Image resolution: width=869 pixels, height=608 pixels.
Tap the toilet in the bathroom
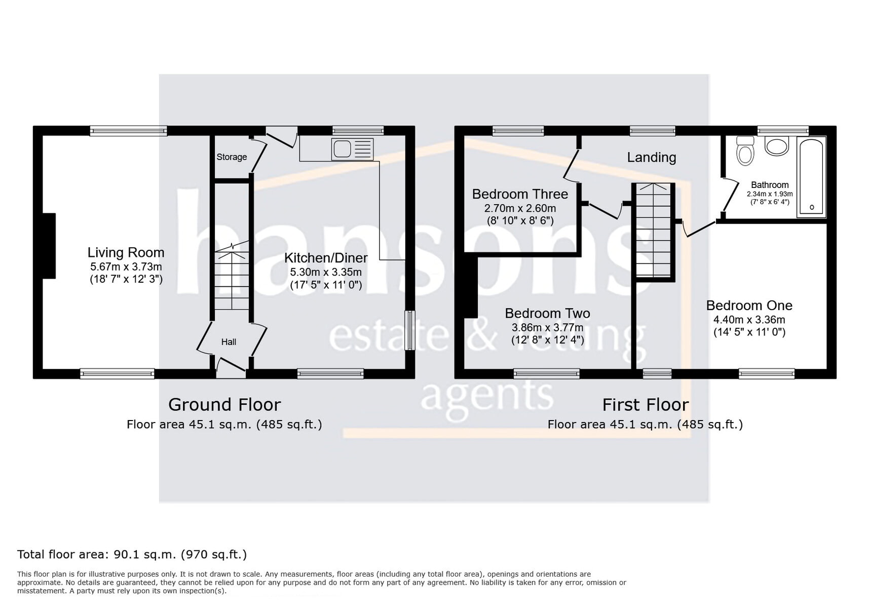click(745, 151)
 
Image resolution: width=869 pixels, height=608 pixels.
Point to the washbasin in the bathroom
click(776, 146)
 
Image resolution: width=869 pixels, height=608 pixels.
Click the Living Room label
click(126, 252)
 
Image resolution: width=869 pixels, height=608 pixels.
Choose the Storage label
click(232, 157)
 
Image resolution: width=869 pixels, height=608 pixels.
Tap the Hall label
click(229, 342)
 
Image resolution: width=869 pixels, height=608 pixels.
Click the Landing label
click(651, 158)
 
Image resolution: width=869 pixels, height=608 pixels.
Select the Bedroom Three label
click(520, 194)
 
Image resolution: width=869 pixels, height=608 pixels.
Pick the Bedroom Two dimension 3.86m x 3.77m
click(547, 328)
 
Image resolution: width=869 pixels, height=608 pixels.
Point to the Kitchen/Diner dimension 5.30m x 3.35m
click(326, 272)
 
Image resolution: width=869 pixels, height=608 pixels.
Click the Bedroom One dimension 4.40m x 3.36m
click(749, 320)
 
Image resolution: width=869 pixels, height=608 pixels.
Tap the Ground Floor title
click(224, 405)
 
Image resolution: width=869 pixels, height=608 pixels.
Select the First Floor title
click(645, 405)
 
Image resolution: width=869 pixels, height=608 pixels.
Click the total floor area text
click(132, 554)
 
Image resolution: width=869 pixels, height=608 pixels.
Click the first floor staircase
click(654, 231)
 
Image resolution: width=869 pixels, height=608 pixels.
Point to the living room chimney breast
click(49, 246)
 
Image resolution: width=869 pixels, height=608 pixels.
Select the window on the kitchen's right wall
click(409, 330)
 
